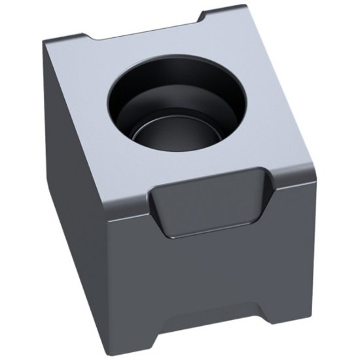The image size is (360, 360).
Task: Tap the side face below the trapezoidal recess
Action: (x=209, y=275)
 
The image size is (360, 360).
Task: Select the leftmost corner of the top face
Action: (x=46, y=43)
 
